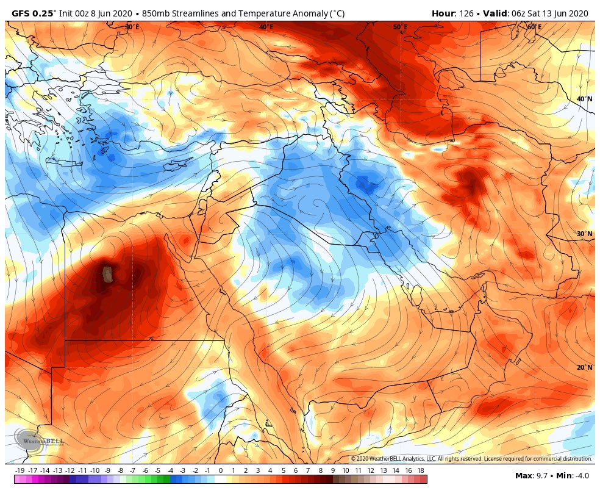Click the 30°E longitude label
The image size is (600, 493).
tap(132, 27)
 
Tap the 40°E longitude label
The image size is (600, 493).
tap(266, 27)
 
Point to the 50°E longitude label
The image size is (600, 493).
tap(400, 27)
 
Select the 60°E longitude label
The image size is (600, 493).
tap(534, 27)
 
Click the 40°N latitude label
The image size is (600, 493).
tap(585, 99)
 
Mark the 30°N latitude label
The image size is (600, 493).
tap(585, 234)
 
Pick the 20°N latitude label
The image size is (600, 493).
tap(585, 367)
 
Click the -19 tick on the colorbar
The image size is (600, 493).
tap(20, 470)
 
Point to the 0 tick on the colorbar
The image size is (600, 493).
tap(220, 470)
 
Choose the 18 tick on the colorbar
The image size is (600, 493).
tap(422, 470)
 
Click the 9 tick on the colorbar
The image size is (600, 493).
tap(333, 470)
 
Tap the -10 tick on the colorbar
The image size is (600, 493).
tap(95, 470)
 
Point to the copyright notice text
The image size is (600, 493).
tap(471, 458)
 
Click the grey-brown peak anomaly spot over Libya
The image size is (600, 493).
tap(108, 274)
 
